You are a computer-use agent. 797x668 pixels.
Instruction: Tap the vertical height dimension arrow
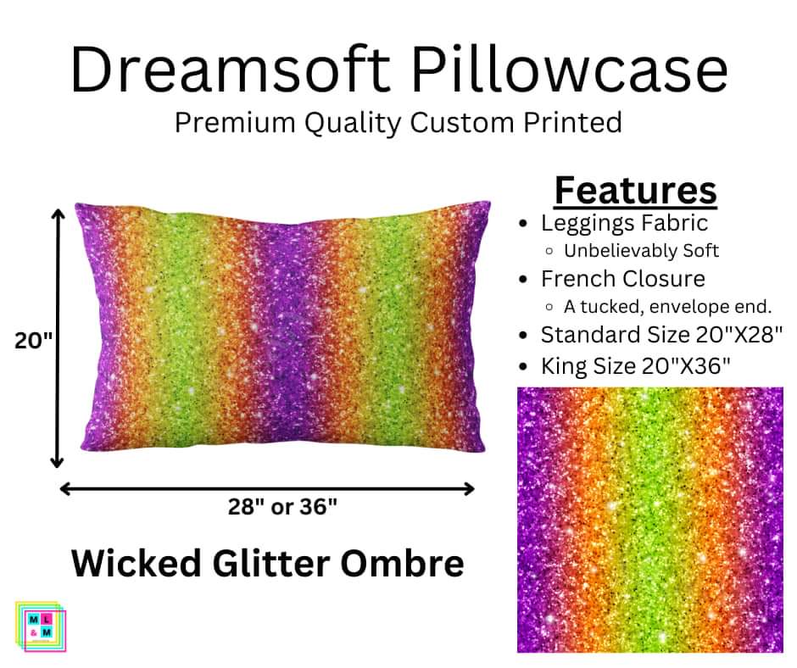[x=58, y=339]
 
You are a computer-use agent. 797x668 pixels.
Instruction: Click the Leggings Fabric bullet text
[x=624, y=223]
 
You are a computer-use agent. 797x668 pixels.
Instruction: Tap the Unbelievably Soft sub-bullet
[x=641, y=251]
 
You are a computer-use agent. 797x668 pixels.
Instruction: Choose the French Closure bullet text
[x=623, y=278]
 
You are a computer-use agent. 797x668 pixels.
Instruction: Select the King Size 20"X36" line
[x=636, y=366]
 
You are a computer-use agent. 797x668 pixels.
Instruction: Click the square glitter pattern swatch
[x=650, y=520]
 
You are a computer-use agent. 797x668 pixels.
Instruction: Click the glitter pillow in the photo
[x=281, y=328]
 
